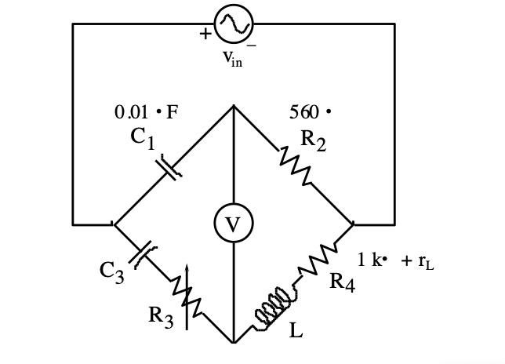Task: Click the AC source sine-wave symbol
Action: [233, 25]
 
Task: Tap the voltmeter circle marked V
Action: [233, 224]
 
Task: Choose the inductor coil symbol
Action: [275, 307]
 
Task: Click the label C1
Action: [143, 138]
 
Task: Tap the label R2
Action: [313, 140]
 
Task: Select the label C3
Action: [112, 271]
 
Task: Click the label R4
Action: [342, 281]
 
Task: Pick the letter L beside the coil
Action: [296, 331]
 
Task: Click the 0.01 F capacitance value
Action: [146, 112]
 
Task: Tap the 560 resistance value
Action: [310, 112]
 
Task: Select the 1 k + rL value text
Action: [396, 260]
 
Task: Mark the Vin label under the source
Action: [231, 60]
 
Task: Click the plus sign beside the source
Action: [205, 34]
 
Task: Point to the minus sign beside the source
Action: [252, 45]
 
